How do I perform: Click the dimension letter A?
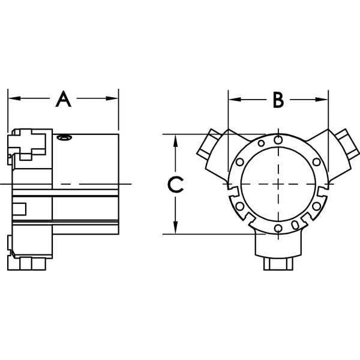[x=64, y=99]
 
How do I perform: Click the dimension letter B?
[x=278, y=100]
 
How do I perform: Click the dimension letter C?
[x=176, y=184]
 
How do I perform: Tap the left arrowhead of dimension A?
[x=14, y=98]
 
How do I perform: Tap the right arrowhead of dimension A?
[x=112, y=98]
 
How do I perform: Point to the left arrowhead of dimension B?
[x=235, y=100]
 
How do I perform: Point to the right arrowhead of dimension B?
[x=322, y=100]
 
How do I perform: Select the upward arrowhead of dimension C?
[x=176, y=140]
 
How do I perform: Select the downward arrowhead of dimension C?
[x=176, y=228]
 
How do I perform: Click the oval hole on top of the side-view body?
[x=65, y=137]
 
